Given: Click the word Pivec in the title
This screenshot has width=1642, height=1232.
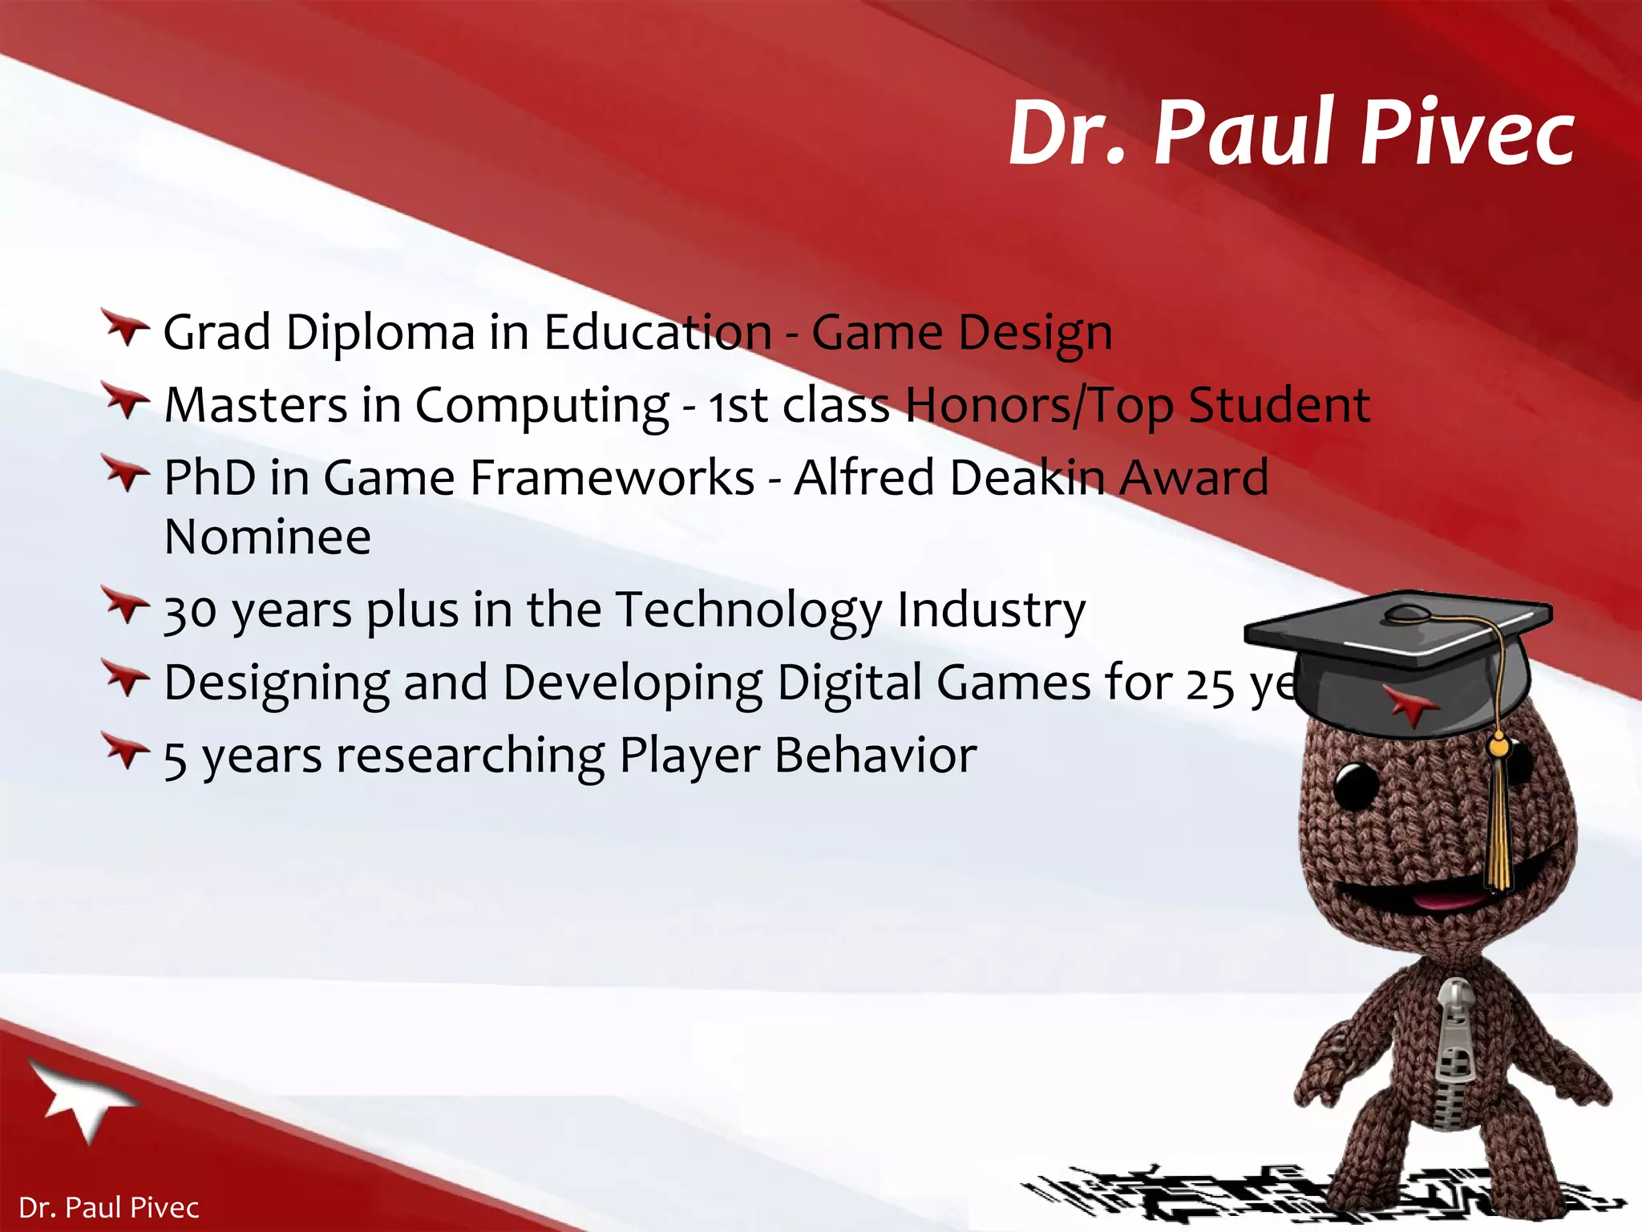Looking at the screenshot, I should [x=1467, y=132].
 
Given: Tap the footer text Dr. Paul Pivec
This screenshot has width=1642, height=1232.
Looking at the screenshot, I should [x=108, y=1207].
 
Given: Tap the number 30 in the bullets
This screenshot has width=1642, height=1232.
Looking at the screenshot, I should [x=190, y=612].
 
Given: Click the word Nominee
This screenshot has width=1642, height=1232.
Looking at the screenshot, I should [x=267, y=537].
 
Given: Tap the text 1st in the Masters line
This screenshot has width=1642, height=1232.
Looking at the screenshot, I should [x=738, y=405].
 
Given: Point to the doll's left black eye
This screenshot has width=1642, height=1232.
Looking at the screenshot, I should [x=1355, y=784].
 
